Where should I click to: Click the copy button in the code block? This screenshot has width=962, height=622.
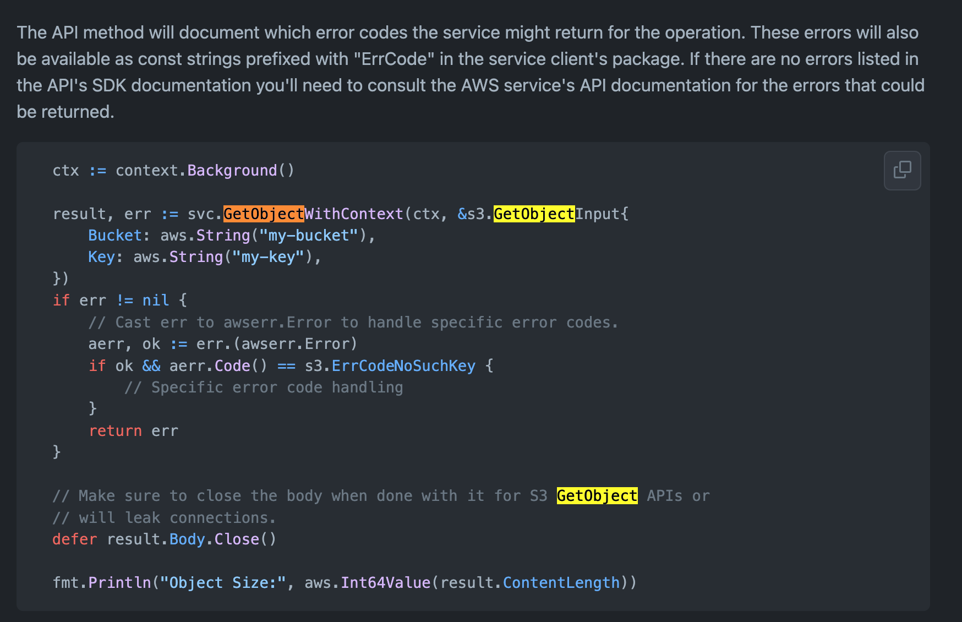902,170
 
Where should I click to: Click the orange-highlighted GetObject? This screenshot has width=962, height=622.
264,214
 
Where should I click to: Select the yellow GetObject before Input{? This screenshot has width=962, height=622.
534,214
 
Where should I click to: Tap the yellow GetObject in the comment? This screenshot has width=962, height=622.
597,496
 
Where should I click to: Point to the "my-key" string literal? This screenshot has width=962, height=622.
268,257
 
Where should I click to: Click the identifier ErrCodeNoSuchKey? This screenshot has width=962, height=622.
403,366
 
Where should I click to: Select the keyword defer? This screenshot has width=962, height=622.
74,539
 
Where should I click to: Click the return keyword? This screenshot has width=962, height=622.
115,431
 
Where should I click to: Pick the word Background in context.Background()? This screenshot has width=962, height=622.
232,171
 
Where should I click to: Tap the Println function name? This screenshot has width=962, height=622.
119,583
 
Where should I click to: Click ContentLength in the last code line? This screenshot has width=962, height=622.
561,583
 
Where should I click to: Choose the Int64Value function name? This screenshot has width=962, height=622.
385,583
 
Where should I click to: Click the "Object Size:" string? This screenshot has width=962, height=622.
223,583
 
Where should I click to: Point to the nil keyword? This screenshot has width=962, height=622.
156,301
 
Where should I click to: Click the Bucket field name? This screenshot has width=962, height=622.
115,236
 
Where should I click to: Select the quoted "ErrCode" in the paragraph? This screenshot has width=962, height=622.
394,59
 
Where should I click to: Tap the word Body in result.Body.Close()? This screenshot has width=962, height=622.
187,539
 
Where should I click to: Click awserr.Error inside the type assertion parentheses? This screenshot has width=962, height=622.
296,344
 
